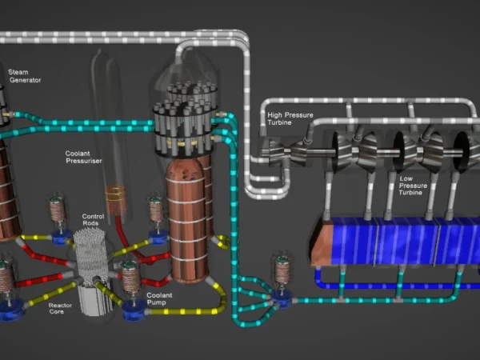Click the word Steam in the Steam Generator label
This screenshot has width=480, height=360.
[x=18, y=72]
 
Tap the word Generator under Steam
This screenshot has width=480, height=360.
[x=24, y=80]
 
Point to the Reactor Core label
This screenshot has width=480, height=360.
[x=60, y=309]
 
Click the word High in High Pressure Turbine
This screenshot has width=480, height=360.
[x=274, y=115]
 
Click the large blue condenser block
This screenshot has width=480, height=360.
[x=392, y=240]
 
